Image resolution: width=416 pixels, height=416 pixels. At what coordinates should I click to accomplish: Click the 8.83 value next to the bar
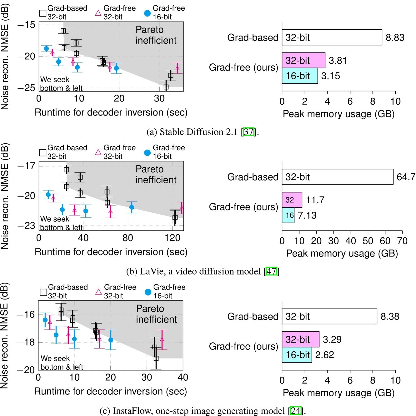tap(395, 37)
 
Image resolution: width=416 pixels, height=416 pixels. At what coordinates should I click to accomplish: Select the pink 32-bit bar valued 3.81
tap(303, 60)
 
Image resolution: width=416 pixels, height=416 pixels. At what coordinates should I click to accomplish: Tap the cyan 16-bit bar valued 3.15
tap(300, 76)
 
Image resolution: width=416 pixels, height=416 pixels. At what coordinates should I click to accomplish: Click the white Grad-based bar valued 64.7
tap(338, 177)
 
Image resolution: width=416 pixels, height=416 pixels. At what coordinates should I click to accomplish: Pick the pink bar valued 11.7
tap(292, 200)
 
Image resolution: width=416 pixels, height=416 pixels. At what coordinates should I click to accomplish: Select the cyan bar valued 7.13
tap(288, 215)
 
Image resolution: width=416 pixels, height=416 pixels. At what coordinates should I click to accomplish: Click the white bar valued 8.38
tap(329, 316)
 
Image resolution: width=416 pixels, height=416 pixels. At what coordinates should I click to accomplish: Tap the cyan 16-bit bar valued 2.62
tap(297, 355)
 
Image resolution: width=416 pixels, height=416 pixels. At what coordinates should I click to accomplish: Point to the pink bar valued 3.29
tap(301, 339)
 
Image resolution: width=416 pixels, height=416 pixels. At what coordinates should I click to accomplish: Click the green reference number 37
tap(249, 132)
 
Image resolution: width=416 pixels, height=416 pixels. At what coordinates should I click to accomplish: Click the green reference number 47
tap(271, 271)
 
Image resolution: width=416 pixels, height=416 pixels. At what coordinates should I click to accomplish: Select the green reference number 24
tap(295, 410)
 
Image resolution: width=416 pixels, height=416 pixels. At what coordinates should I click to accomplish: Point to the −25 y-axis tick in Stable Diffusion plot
tap(26, 88)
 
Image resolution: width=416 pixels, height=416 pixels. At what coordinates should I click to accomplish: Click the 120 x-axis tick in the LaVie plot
tap(173, 238)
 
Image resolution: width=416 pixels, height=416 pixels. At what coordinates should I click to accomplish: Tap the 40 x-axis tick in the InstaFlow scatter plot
tap(183, 377)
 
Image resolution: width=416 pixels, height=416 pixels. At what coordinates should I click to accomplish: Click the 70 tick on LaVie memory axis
tap(402, 241)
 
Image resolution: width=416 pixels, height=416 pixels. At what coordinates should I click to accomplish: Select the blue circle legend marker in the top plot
tap(147, 13)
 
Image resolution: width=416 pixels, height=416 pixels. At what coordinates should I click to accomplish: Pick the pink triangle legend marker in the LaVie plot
tap(98, 152)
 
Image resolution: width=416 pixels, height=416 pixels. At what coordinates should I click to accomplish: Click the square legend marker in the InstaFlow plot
tap(43, 292)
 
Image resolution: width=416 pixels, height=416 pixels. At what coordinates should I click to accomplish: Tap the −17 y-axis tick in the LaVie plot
tap(26, 166)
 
